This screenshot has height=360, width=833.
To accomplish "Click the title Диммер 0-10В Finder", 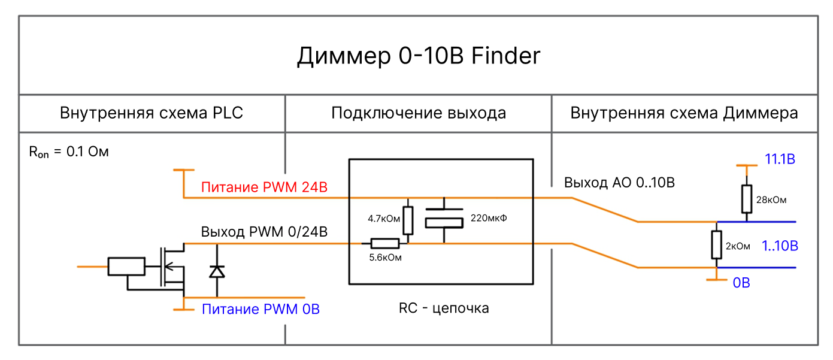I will (419, 56).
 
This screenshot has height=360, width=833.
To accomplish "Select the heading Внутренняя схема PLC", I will (152, 113).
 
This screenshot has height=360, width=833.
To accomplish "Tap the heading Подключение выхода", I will (419, 113).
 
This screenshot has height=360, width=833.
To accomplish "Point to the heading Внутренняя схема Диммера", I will (684, 113).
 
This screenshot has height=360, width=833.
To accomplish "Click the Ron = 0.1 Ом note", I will (69, 152).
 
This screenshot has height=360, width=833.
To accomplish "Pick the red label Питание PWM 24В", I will (265, 187).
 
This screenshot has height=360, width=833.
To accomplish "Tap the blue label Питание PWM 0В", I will (260, 310).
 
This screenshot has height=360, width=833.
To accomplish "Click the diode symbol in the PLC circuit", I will (217, 272).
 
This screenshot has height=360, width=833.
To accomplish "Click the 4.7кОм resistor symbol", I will (408, 220).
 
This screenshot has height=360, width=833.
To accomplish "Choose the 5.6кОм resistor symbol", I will (385, 243).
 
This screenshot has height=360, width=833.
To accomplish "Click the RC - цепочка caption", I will (444, 308).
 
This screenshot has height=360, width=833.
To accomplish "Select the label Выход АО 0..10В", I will (619, 183).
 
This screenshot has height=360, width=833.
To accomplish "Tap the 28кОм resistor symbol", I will (746, 199).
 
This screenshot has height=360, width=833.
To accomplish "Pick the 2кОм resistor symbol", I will (716, 245).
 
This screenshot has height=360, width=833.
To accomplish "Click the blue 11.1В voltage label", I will (780, 159).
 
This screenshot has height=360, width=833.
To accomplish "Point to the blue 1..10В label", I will (780, 246).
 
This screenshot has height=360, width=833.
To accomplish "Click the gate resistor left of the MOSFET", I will (126, 267).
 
